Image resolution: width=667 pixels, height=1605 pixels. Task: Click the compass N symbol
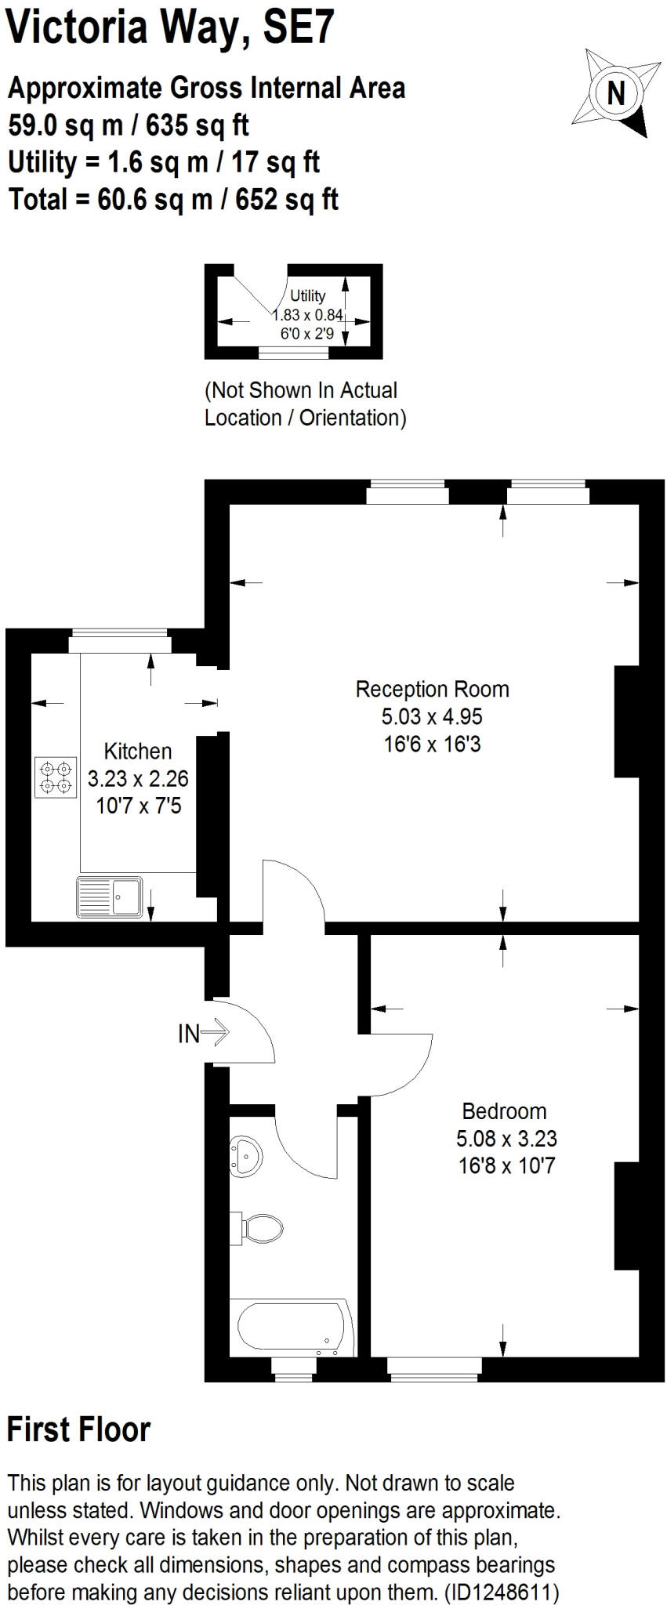(616, 93)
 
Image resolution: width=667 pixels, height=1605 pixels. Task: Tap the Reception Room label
(432, 690)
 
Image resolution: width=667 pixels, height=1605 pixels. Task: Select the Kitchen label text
(138, 752)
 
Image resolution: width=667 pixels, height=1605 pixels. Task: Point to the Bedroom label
(504, 1111)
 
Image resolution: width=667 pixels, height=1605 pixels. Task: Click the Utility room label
(307, 295)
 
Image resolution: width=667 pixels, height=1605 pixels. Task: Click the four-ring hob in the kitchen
(56, 777)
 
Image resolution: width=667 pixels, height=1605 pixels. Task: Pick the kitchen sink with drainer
(110, 897)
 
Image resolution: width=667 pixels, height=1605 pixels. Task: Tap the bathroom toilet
(259, 1227)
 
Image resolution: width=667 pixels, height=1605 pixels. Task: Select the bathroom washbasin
(246, 1155)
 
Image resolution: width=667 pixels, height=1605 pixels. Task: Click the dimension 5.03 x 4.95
(432, 717)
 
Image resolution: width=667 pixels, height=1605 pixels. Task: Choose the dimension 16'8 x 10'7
(506, 1165)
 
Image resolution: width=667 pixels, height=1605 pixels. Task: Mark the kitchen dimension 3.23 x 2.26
(138, 779)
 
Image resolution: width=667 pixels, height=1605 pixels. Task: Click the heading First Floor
(78, 1429)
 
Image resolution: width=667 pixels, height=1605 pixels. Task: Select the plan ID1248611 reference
(502, 1592)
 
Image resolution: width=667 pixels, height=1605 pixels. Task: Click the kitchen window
(119, 644)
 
